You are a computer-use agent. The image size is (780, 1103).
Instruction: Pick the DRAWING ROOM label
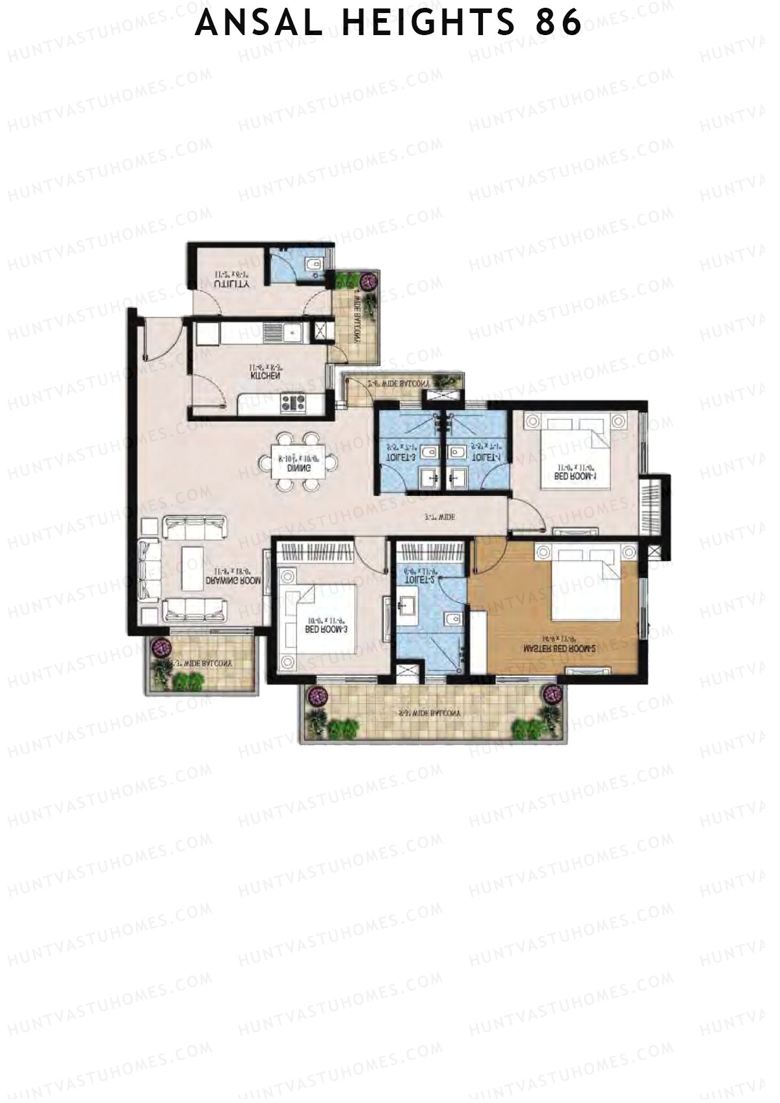[233, 580]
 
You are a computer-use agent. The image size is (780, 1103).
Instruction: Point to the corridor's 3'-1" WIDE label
[439, 517]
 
